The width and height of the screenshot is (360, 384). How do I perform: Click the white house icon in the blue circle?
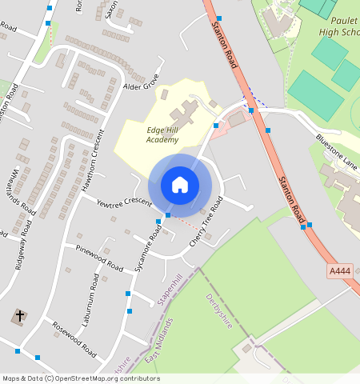(180, 185)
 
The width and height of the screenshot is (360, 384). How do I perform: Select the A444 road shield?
(340, 272)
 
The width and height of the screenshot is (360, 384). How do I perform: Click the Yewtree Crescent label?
(124, 202)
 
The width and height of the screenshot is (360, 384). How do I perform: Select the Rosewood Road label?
(74, 339)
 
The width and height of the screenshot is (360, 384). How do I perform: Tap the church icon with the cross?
(18, 316)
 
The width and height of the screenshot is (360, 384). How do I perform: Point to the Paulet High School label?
(342, 30)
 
